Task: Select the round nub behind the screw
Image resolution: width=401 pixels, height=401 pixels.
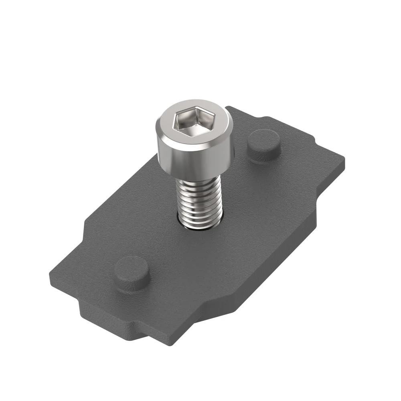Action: point(263,144)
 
